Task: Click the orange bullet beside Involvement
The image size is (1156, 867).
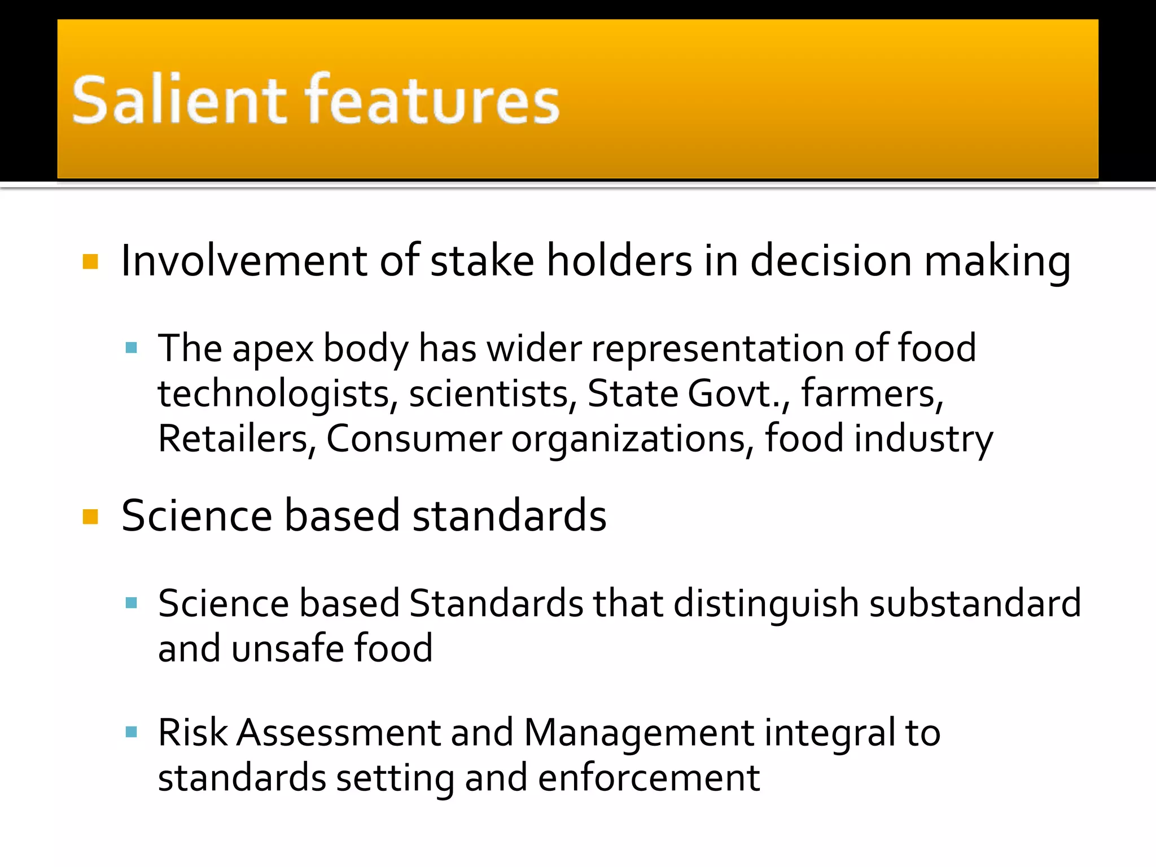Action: click(90, 262)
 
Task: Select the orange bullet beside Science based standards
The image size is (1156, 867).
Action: click(90, 516)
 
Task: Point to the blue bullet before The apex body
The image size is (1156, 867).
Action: click(132, 348)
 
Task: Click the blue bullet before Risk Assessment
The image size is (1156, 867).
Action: click(132, 733)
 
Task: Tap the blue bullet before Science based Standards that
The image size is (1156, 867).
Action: click(132, 603)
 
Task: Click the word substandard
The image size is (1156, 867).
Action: click(975, 603)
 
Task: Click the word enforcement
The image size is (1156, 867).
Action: click(649, 778)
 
